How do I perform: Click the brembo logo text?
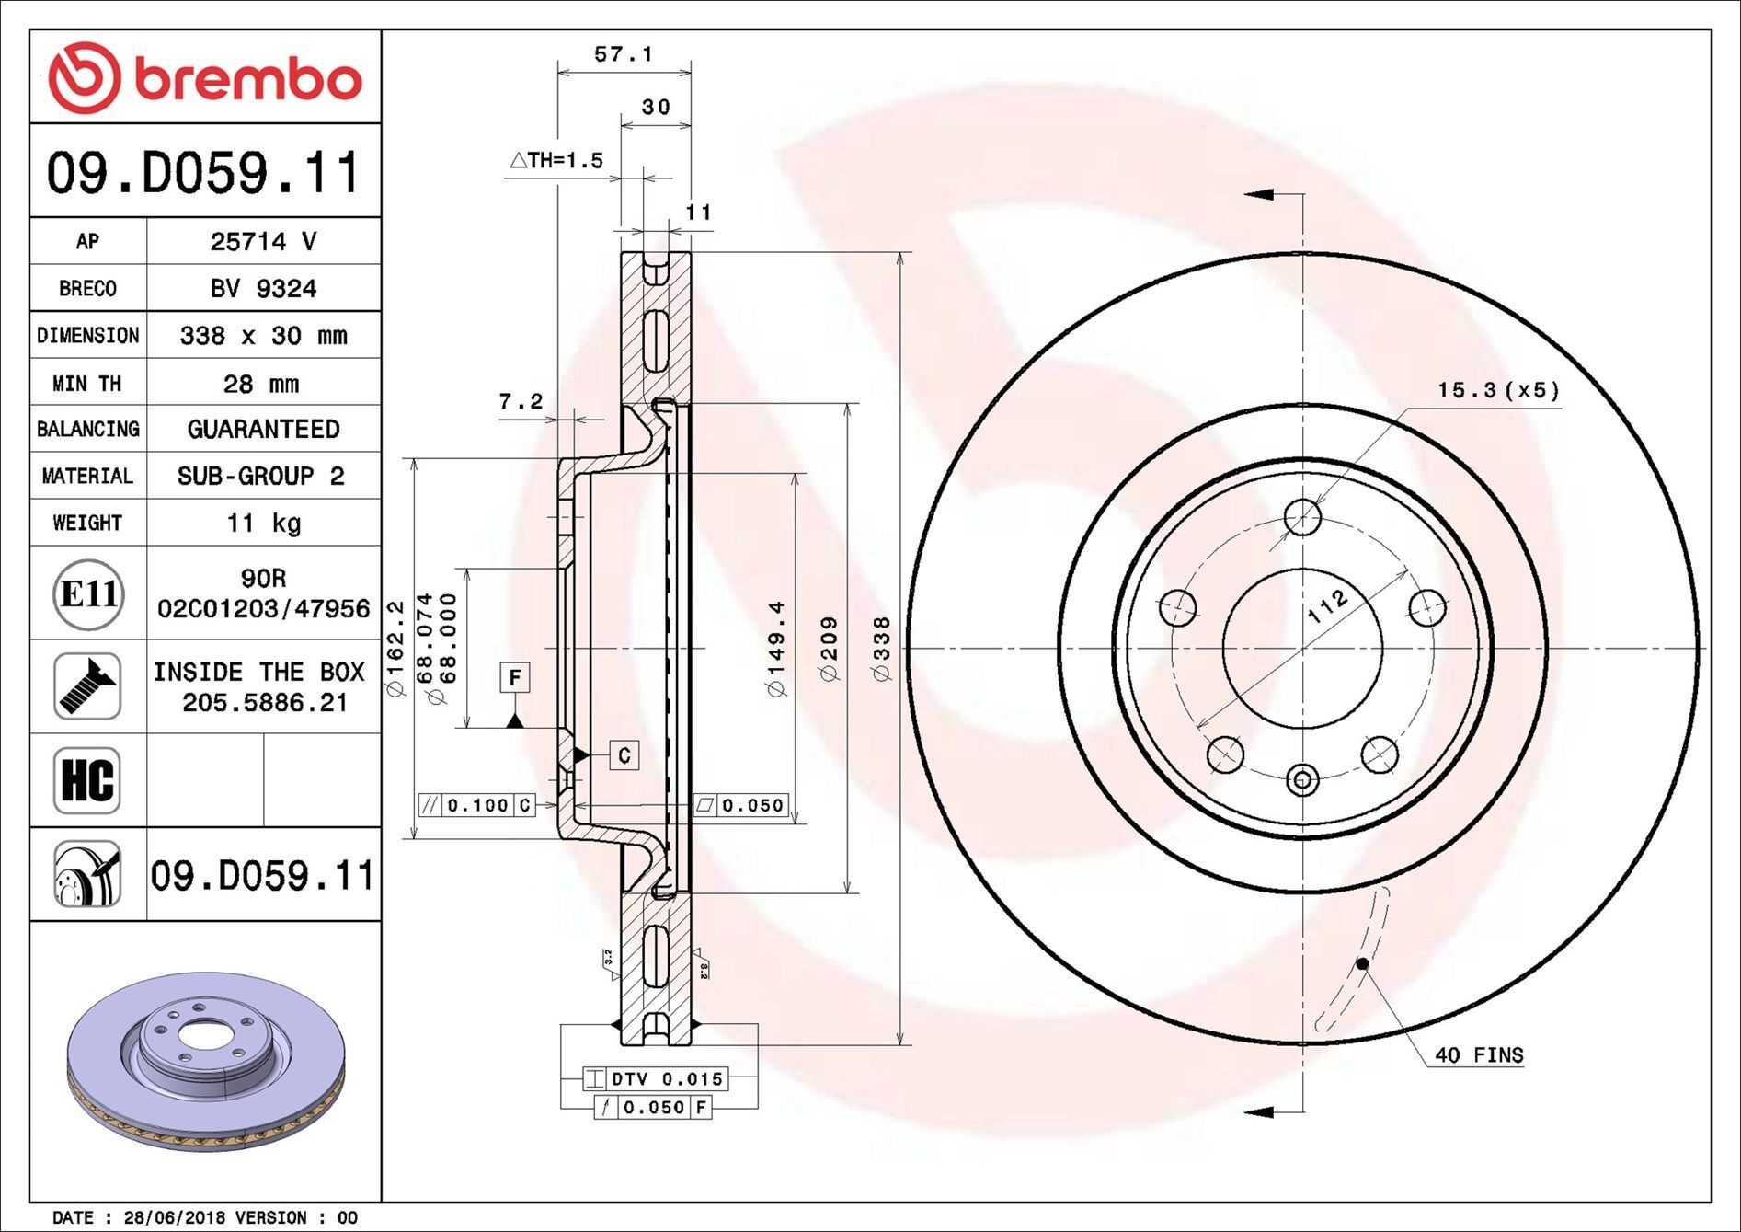(x=248, y=80)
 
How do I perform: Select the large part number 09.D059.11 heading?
(x=203, y=173)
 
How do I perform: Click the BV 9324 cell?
(x=263, y=289)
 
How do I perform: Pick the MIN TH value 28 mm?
(x=261, y=384)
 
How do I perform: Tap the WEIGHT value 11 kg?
(x=263, y=524)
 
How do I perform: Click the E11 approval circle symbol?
(x=88, y=594)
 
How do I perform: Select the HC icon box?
(x=87, y=780)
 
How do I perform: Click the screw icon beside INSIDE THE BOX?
(x=87, y=686)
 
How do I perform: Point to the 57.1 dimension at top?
(x=623, y=54)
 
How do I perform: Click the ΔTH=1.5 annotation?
(x=557, y=161)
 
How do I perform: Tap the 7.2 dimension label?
(x=521, y=402)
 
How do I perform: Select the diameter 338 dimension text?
(x=881, y=649)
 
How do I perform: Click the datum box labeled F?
(x=515, y=678)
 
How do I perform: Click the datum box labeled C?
(x=624, y=755)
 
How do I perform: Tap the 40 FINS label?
(x=1478, y=1055)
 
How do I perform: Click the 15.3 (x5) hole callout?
(x=1498, y=390)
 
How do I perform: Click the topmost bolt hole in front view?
(x=1302, y=517)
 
